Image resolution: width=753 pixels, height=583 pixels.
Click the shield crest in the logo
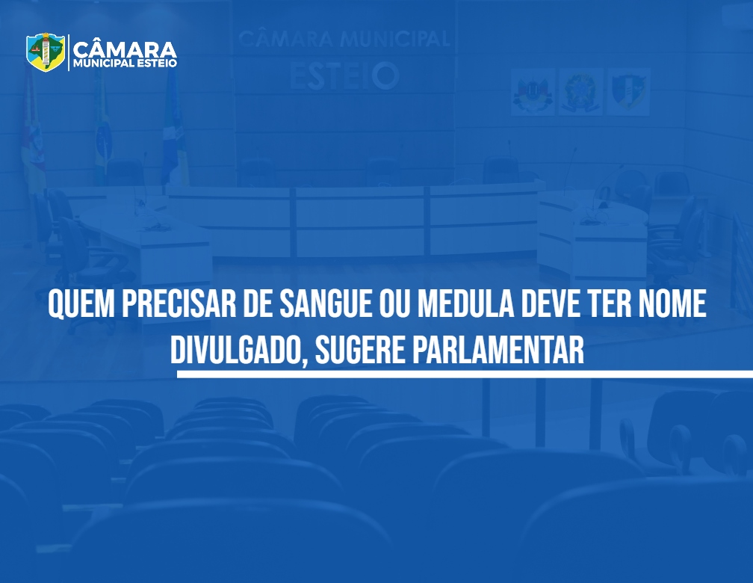point(46,52)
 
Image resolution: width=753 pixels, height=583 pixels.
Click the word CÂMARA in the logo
point(125,49)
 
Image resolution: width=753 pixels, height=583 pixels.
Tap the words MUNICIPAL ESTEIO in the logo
point(125,64)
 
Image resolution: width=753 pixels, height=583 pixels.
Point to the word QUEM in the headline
point(81,304)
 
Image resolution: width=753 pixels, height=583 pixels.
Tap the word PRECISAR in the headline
point(179,303)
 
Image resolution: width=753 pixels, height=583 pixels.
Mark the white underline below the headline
point(465,374)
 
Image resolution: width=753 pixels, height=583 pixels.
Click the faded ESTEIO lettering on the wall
point(344,76)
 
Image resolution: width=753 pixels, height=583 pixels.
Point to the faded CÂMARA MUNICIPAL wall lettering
point(344,39)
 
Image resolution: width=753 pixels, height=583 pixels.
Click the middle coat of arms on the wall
point(580,91)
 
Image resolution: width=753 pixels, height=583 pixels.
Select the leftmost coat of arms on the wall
point(533,91)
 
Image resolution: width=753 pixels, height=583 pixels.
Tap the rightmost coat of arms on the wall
point(628,91)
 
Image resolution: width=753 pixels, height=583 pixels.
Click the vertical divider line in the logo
point(69,52)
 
